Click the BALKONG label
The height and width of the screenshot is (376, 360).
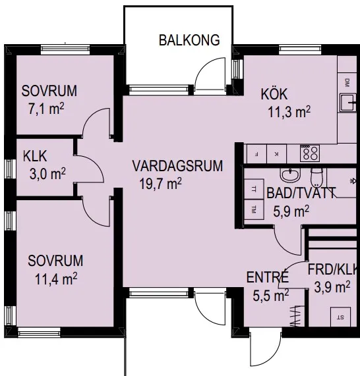point(189,40)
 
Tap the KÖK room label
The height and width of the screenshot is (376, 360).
point(274,94)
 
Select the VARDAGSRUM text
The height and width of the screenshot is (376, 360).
point(177,166)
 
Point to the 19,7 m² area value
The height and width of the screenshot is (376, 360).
point(160,184)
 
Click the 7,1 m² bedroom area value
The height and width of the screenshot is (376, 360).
point(46,109)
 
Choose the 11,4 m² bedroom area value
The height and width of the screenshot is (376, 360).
point(56,279)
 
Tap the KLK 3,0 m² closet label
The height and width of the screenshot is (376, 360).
point(44,165)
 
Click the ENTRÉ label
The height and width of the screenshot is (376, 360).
point(267,277)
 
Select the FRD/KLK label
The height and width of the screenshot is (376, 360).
point(332,269)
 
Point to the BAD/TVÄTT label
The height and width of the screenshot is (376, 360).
point(301,193)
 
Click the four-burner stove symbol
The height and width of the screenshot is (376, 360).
point(310,153)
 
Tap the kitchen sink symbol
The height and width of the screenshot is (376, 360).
point(348,103)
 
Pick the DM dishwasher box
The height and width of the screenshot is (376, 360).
point(347,83)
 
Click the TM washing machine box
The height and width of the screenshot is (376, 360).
point(254,209)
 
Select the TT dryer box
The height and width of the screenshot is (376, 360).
point(254,189)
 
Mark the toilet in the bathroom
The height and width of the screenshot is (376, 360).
point(316,177)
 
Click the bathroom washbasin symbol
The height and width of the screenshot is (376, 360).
point(290,175)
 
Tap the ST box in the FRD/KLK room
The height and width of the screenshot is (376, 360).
point(340,317)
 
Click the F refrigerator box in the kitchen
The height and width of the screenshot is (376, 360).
point(256,154)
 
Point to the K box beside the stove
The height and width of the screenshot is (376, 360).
point(276,154)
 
